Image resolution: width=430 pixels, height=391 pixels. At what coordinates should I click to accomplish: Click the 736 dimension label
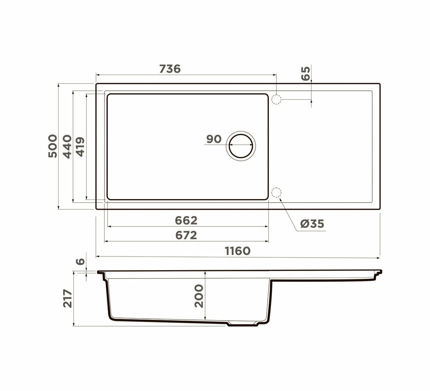coord(170,69)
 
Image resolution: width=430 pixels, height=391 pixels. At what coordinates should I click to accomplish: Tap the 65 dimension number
coord(305,73)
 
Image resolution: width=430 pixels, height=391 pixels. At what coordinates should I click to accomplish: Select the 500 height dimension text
coord(53,146)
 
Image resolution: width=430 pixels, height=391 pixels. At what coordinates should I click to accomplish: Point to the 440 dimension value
coord(67,147)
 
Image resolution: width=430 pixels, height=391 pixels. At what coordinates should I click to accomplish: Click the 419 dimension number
coord(80,147)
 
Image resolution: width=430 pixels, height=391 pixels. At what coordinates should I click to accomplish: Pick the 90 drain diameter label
coord(214,139)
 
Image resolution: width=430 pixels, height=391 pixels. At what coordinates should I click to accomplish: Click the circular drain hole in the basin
coord(241,146)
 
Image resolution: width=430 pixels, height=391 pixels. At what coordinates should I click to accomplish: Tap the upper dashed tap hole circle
coord(276,99)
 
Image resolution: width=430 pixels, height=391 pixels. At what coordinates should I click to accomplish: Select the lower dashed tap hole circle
coord(276,193)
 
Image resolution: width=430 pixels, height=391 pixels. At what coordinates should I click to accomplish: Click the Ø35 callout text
coord(312,224)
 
